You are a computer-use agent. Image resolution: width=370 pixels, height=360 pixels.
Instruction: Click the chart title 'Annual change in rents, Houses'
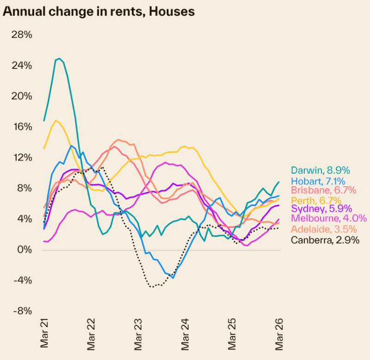[x=99, y=12]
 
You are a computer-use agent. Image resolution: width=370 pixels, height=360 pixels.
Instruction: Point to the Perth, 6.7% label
[x=316, y=201]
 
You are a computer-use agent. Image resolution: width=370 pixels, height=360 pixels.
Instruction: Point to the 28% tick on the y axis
[x=22, y=35]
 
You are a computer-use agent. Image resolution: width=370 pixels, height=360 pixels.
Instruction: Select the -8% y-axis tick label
[x=23, y=311]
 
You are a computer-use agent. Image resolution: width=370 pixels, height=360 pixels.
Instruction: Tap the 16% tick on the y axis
[x=22, y=127]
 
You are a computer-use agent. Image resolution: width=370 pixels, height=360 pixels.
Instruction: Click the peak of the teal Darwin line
[x=59, y=59]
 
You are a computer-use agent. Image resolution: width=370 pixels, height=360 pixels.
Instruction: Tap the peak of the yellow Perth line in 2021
[x=55, y=121]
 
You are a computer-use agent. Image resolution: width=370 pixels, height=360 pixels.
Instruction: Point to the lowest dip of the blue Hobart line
[x=173, y=278]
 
